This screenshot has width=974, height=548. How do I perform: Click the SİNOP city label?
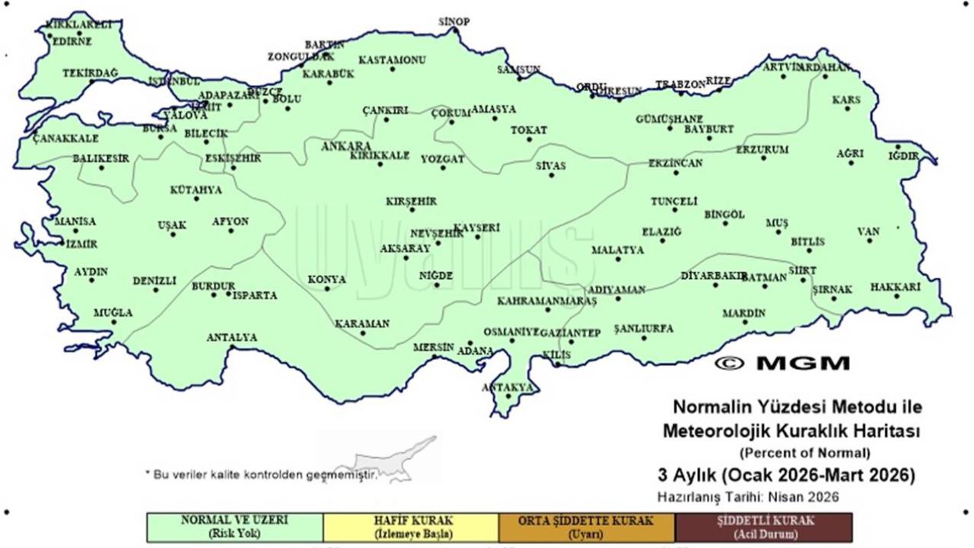[x=454, y=21]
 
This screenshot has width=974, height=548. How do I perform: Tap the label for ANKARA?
[x=346, y=145]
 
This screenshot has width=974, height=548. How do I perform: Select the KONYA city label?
[x=326, y=279]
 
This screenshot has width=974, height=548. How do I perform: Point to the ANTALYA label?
[x=232, y=337]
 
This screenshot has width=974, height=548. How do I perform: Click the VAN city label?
[x=868, y=231]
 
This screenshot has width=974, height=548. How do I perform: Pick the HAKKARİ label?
[x=896, y=287]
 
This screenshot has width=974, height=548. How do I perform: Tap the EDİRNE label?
[x=72, y=42]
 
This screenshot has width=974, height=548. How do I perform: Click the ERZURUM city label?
[x=762, y=149]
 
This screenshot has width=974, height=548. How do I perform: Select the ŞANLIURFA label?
[x=644, y=328]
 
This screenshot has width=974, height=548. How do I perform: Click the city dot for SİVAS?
[x=552, y=176]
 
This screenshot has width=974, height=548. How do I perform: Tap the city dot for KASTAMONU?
[x=393, y=69]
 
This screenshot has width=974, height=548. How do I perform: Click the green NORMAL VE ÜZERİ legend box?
[x=234, y=527]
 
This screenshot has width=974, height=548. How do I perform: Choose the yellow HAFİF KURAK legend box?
[x=411, y=527]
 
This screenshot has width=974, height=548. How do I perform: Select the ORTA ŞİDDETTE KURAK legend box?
[x=587, y=527]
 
